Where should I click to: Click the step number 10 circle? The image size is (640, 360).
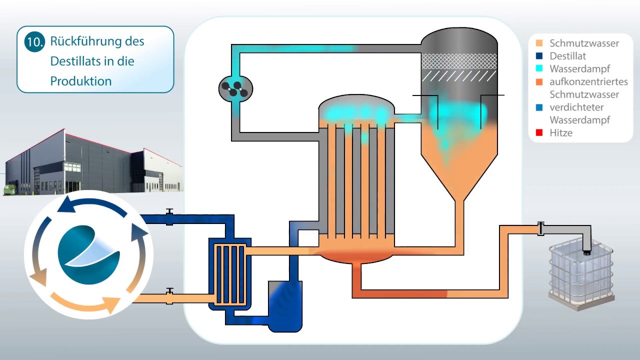pos(34,41)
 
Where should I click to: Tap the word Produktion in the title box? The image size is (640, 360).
pos(81,81)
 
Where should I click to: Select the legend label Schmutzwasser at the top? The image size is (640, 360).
pos(584,43)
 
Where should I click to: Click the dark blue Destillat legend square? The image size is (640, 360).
pos(539,55)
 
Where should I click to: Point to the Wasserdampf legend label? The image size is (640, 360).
pos(579,69)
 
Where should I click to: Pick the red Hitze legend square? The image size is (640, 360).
pos(539,132)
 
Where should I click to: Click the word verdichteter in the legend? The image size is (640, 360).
pos(576,107)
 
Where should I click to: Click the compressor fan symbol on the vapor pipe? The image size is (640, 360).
pos(235,88)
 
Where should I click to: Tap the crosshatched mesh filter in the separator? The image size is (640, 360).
pos(459,61)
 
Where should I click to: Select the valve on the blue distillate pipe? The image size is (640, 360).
pos(169,217)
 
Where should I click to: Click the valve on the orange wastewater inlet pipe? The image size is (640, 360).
pos(169,296)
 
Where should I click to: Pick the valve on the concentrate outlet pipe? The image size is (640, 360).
pos(540,228)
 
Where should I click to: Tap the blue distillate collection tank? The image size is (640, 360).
pos(285,306)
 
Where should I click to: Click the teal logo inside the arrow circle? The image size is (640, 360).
pos(88,254)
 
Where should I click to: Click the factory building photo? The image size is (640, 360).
pos(93,162)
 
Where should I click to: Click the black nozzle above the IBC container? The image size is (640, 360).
pos(587,253)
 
